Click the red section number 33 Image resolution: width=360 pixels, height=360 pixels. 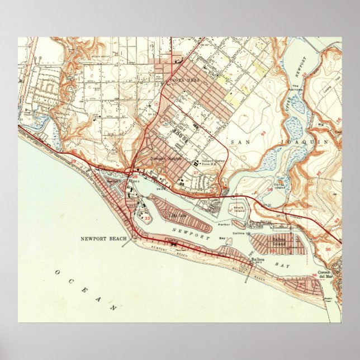coord(146,219)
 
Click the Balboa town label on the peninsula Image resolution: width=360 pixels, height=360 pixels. coord(257,259)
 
